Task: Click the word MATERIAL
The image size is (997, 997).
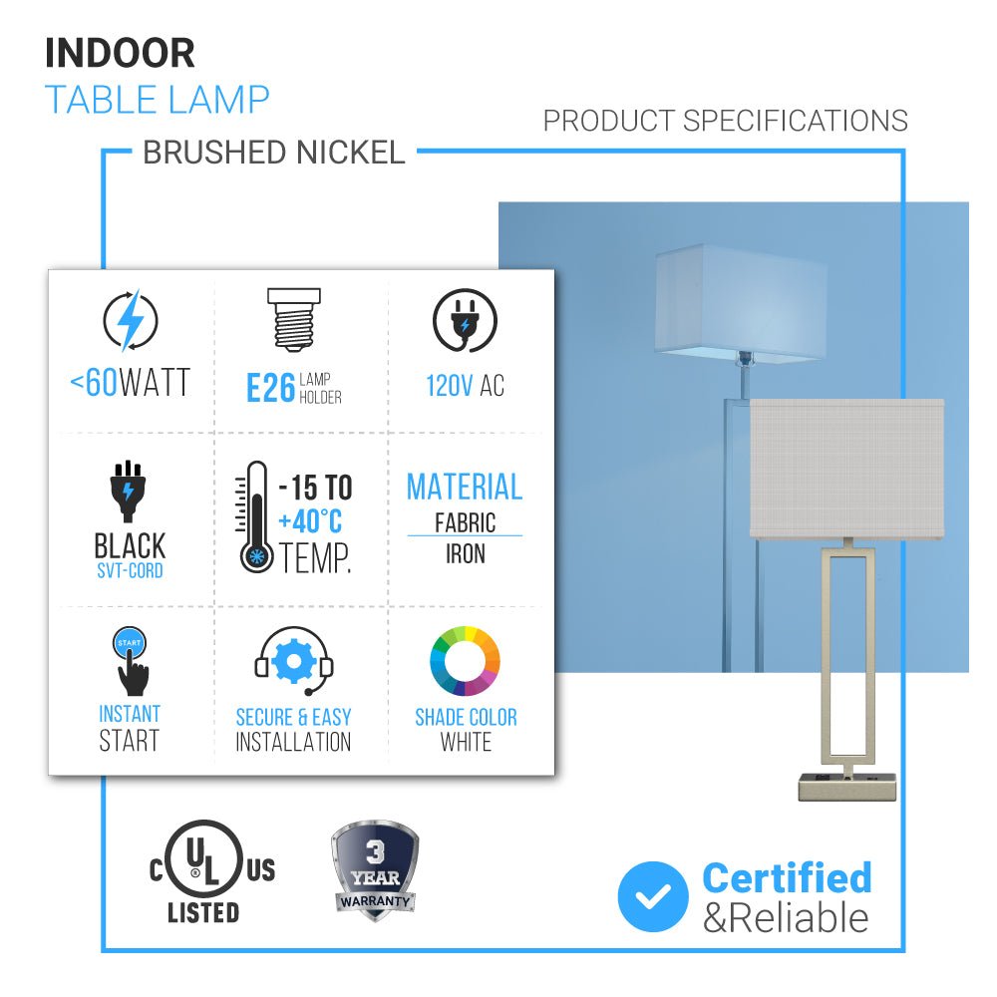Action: click(465, 488)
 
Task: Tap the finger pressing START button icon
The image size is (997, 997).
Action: click(130, 660)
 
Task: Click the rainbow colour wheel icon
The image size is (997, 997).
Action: click(465, 661)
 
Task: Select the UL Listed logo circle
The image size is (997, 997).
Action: click(202, 863)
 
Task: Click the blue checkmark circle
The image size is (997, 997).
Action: click(653, 896)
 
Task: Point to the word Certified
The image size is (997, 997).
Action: click(787, 877)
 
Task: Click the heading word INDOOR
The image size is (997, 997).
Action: click(120, 53)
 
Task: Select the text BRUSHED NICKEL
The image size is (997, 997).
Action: click(274, 153)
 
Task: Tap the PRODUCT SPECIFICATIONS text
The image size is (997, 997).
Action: click(725, 121)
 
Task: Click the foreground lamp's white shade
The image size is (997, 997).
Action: click(846, 469)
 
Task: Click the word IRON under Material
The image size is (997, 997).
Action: click(465, 553)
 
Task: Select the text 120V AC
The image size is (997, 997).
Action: click(465, 386)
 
